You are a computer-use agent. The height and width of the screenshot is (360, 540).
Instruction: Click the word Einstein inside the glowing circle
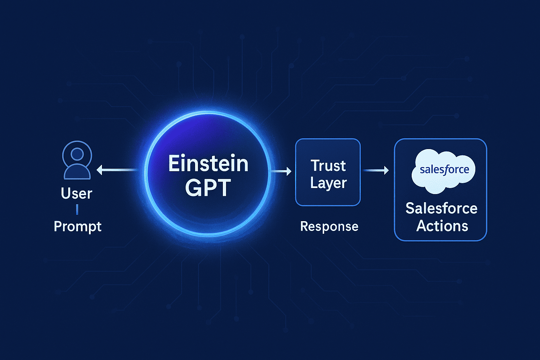click(x=208, y=164)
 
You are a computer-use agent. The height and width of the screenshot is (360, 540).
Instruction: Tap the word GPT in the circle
click(x=208, y=188)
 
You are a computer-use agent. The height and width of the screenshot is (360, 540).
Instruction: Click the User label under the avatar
click(x=76, y=193)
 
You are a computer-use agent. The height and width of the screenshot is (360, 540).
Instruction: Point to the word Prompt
click(x=77, y=226)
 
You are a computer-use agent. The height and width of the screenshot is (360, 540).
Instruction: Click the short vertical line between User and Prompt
click(x=77, y=210)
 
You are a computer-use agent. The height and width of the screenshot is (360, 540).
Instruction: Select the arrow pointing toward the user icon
click(x=116, y=170)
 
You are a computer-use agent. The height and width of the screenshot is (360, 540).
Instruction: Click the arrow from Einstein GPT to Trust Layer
click(x=281, y=171)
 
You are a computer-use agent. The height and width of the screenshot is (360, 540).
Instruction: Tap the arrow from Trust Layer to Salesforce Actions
click(x=375, y=171)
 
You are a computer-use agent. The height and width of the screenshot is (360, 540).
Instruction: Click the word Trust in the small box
click(x=328, y=166)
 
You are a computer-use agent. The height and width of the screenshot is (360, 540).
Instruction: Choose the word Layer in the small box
click(x=328, y=183)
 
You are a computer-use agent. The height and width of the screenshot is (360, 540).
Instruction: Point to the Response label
click(x=329, y=226)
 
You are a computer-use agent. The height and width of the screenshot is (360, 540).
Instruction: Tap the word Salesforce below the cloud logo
click(x=441, y=208)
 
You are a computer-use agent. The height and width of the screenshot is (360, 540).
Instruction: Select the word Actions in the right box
click(x=442, y=226)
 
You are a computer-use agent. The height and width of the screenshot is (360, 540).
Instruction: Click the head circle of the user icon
click(x=77, y=154)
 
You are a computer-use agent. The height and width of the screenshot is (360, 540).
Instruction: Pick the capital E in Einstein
click(x=174, y=164)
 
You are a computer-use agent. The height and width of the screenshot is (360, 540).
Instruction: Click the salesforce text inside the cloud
click(x=444, y=170)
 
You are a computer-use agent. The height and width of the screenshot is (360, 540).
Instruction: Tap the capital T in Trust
click(x=316, y=165)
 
